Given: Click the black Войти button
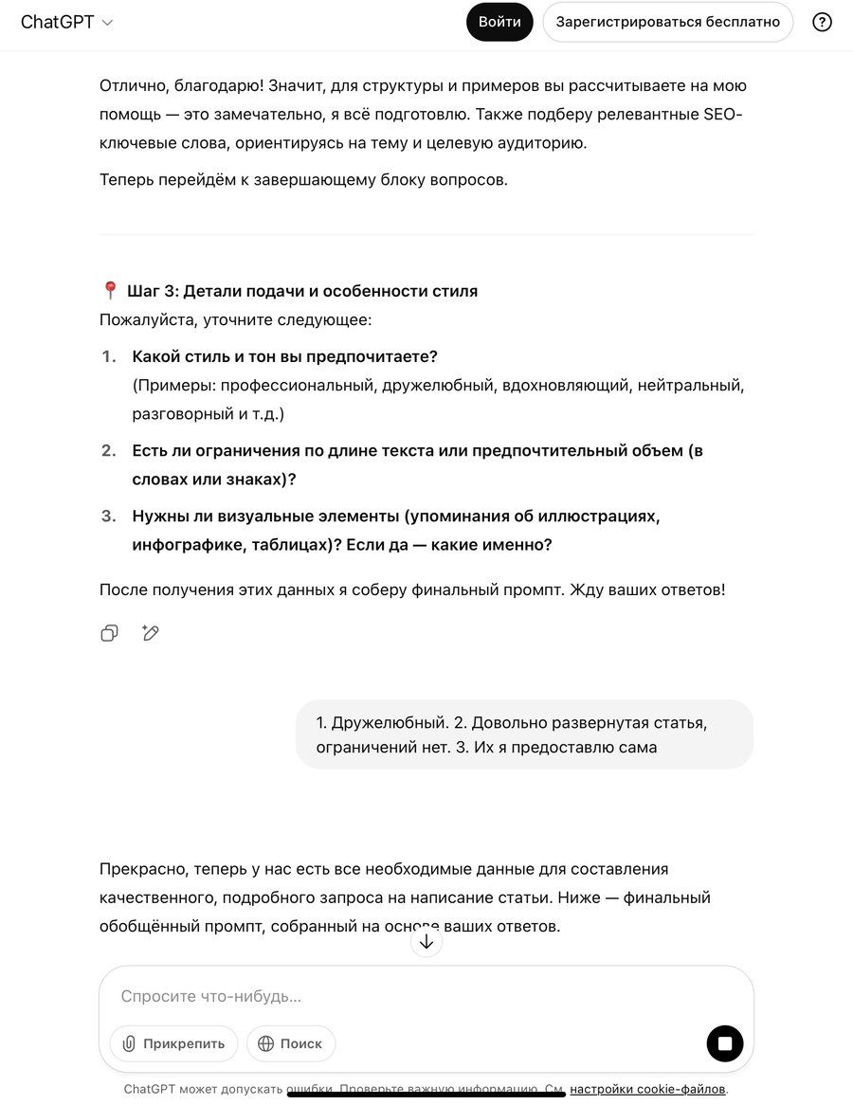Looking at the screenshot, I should click(x=499, y=22).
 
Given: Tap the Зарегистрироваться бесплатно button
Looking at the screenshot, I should click(x=667, y=22).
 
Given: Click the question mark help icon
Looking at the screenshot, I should click(x=822, y=22).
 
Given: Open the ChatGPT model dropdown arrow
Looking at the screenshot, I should click(x=107, y=23).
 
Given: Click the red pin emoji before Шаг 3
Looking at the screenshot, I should click(x=110, y=291).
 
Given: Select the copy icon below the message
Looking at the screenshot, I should click(x=110, y=633).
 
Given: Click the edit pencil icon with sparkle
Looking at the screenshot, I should click(x=150, y=633).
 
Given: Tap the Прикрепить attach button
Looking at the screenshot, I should click(x=174, y=1043).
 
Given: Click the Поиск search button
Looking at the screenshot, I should click(x=291, y=1043).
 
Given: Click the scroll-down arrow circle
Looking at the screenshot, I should click(x=426, y=941).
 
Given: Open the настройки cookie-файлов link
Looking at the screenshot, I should click(x=647, y=1089).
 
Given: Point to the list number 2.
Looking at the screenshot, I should click(x=109, y=450).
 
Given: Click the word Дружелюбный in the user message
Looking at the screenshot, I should click(x=383, y=723).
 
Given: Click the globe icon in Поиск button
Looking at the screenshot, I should click(x=265, y=1043).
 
